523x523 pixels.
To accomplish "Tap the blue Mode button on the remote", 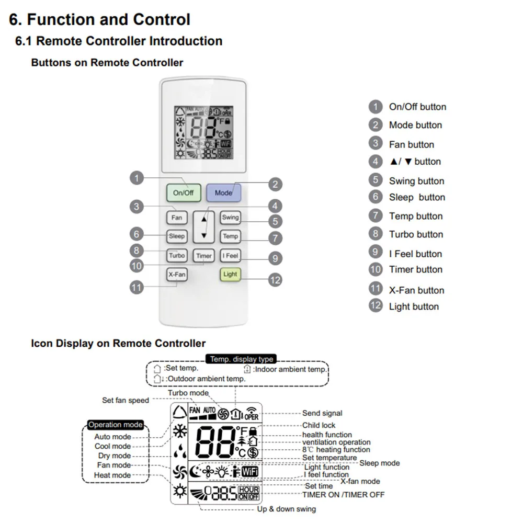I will point(223,192).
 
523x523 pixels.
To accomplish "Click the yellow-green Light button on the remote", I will point(230,274).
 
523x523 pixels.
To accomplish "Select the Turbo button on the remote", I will point(177,256).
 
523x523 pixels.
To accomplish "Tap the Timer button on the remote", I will point(204,256).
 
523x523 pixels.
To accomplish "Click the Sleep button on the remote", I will point(177,236).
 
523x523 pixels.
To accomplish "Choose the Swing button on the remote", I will point(230,218).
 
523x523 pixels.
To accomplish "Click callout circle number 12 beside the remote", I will point(275,280).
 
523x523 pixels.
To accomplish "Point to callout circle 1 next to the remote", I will point(137,178).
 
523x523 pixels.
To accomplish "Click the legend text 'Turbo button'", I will point(416,234).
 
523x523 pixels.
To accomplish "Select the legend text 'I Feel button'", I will point(415,254).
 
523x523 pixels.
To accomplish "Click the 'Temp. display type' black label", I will point(242,359).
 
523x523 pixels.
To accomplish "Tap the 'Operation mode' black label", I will point(116,425).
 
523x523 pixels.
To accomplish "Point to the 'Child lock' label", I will point(319,425).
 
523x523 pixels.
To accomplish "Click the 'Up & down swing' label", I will point(286,509).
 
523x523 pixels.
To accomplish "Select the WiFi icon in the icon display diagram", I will point(250,471).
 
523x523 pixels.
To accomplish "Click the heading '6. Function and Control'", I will point(100,20).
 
